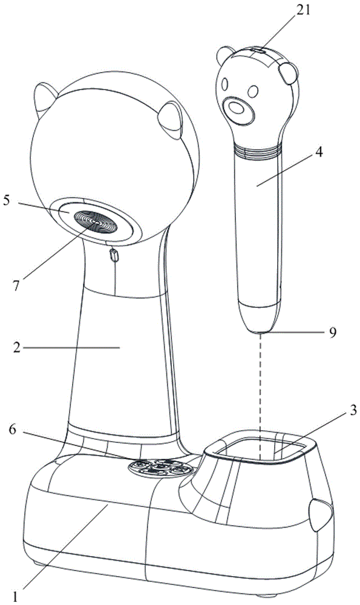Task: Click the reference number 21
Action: pyautogui.click(x=303, y=10)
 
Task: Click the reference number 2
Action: pyautogui.click(x=16, y=348)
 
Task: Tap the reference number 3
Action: pyautogui.click(x=353, y=410)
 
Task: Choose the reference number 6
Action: pyautogui.click(x=13, y=430)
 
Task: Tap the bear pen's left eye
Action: pyautogui.click(x=224, y=85)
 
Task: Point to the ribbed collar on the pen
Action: pyautogui.click(x=256, y=149)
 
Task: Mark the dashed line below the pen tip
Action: pyautogui.click(x=261, y=396)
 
